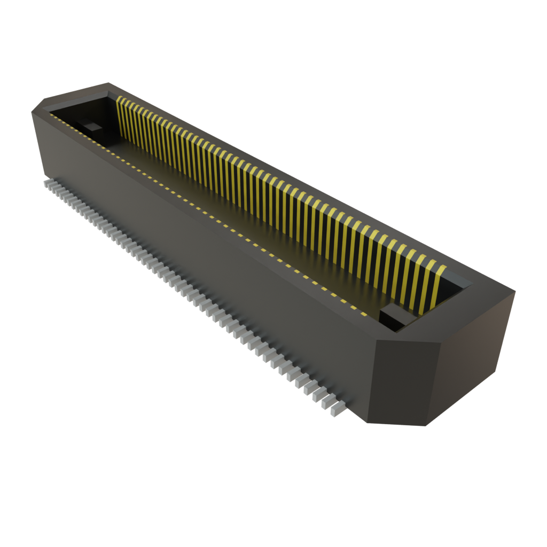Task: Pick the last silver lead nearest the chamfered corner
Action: [x=338, y=409]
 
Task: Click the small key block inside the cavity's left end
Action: [x=92, y=127]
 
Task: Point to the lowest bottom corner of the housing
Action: [x=422, y=426]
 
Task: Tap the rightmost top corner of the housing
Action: [x=515, y=291]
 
